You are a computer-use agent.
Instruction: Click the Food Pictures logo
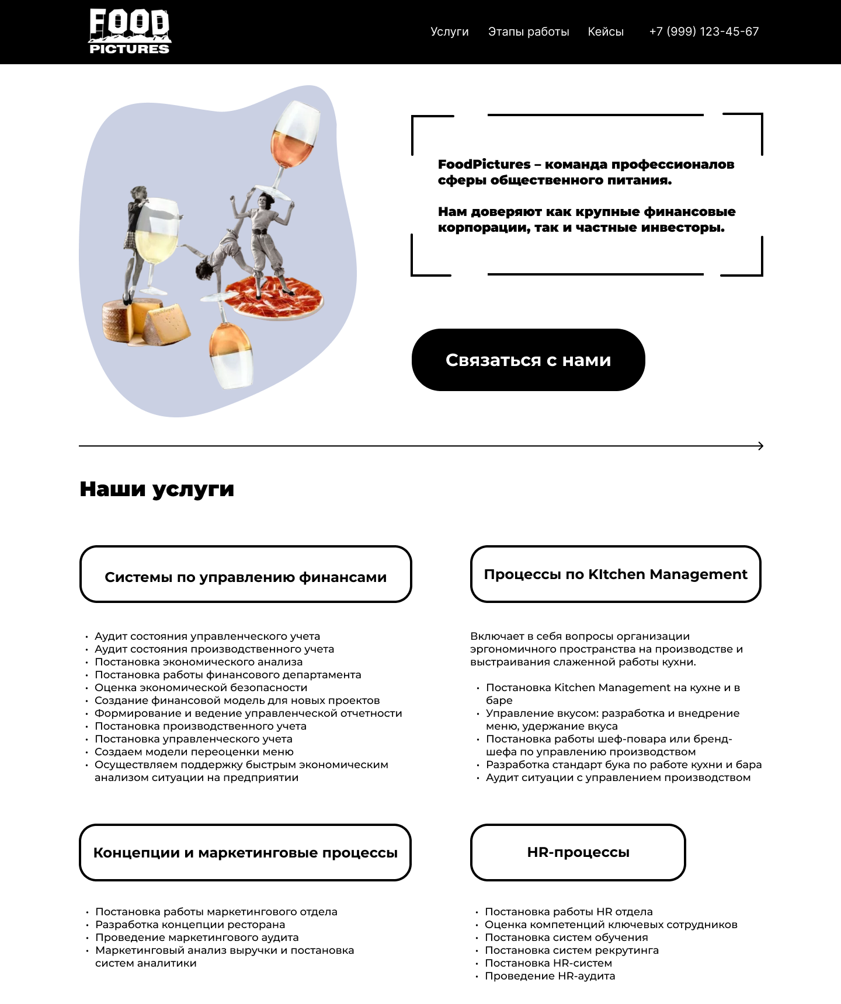pos(129,32)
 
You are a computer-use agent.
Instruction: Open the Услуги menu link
pos(449,32)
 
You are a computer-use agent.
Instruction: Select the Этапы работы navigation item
pos(529,32)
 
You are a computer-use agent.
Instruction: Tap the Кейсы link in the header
pos(606,32)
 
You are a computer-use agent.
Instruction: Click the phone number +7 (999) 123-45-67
pos(704,32)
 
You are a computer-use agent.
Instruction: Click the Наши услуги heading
pos(157,489)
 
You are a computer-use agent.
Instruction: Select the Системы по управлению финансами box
pos(245,574)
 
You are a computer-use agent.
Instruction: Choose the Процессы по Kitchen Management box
pos(616,574)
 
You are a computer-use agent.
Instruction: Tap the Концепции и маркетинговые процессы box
pos(245,852)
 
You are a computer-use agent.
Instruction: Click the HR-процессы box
pos(578,852)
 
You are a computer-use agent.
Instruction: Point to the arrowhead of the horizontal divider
pos(760,446)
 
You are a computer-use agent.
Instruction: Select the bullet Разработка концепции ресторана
pos(190,925)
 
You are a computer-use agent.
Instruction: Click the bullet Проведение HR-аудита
pos(550,976)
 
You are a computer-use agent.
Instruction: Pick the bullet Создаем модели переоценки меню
pos(194,752)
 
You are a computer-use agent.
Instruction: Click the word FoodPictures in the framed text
pos(484,165)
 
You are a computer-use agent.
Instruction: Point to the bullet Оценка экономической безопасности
pos(201,688)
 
